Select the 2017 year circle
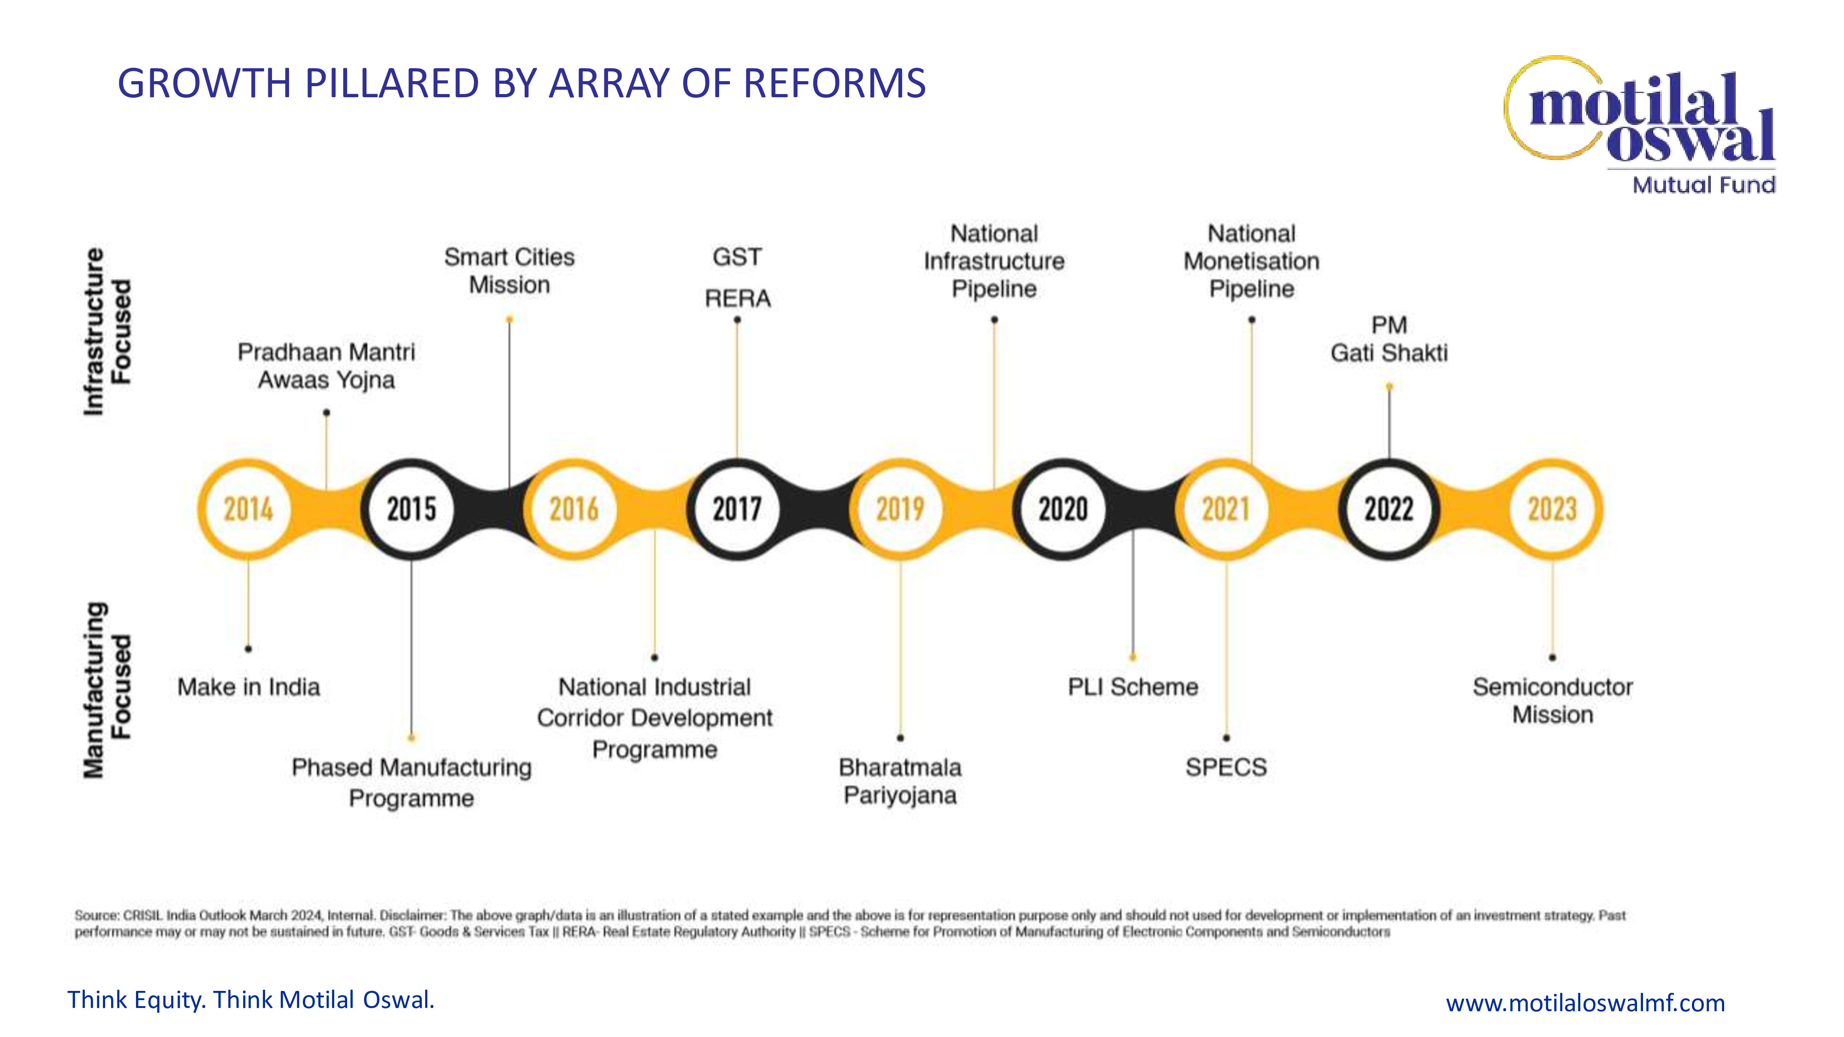[737, 509]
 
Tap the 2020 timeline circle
[1063, 509]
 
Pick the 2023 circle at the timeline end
[1552, 509]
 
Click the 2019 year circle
[900, 509]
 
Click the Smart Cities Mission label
[509, 271]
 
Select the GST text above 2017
[737, 257]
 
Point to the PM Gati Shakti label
[1389, 339]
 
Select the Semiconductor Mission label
[1552, 701]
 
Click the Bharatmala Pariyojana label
[900, 781]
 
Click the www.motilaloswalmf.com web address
[1585, 1002]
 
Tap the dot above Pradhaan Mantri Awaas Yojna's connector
[326, 412]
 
